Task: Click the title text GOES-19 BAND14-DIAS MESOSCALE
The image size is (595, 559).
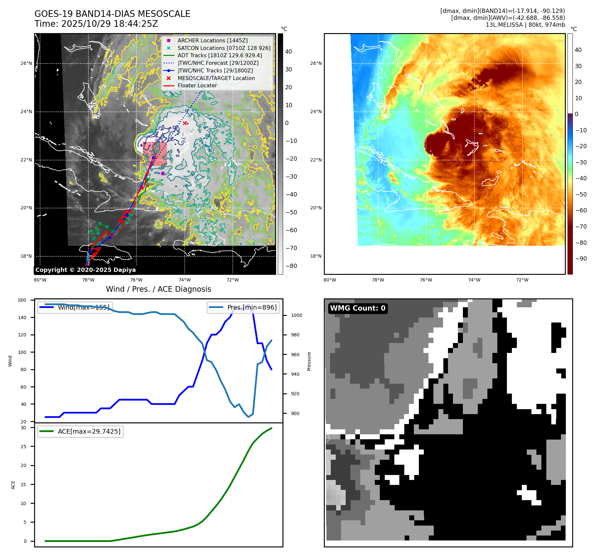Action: pos(112,14)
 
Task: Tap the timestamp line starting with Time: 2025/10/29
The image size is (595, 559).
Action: pos(96,24)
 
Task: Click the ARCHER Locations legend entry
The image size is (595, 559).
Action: pos(212,40)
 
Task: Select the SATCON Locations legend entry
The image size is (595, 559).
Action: pos(224,48)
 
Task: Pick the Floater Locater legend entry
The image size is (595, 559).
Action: pos(197,85)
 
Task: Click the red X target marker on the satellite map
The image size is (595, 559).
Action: pos(185,123)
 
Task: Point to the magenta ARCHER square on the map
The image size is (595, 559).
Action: pos(163,173)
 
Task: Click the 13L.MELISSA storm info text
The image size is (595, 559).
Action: pos(525,25)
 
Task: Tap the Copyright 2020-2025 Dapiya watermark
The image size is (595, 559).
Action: pos(85,270)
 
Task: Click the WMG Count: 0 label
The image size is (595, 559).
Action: pos(358,308)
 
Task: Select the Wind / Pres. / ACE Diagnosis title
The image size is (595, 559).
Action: pos(158,289)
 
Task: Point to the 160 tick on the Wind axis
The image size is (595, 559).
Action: pos(22,300)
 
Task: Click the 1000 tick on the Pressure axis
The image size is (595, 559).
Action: pos(296,315)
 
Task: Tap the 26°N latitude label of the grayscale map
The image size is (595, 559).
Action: pos(26,63)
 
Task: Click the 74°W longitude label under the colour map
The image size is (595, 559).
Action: pos(474,280)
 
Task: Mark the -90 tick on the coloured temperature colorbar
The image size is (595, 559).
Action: pos(581,259)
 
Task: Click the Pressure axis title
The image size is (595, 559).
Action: pos(309,361)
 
